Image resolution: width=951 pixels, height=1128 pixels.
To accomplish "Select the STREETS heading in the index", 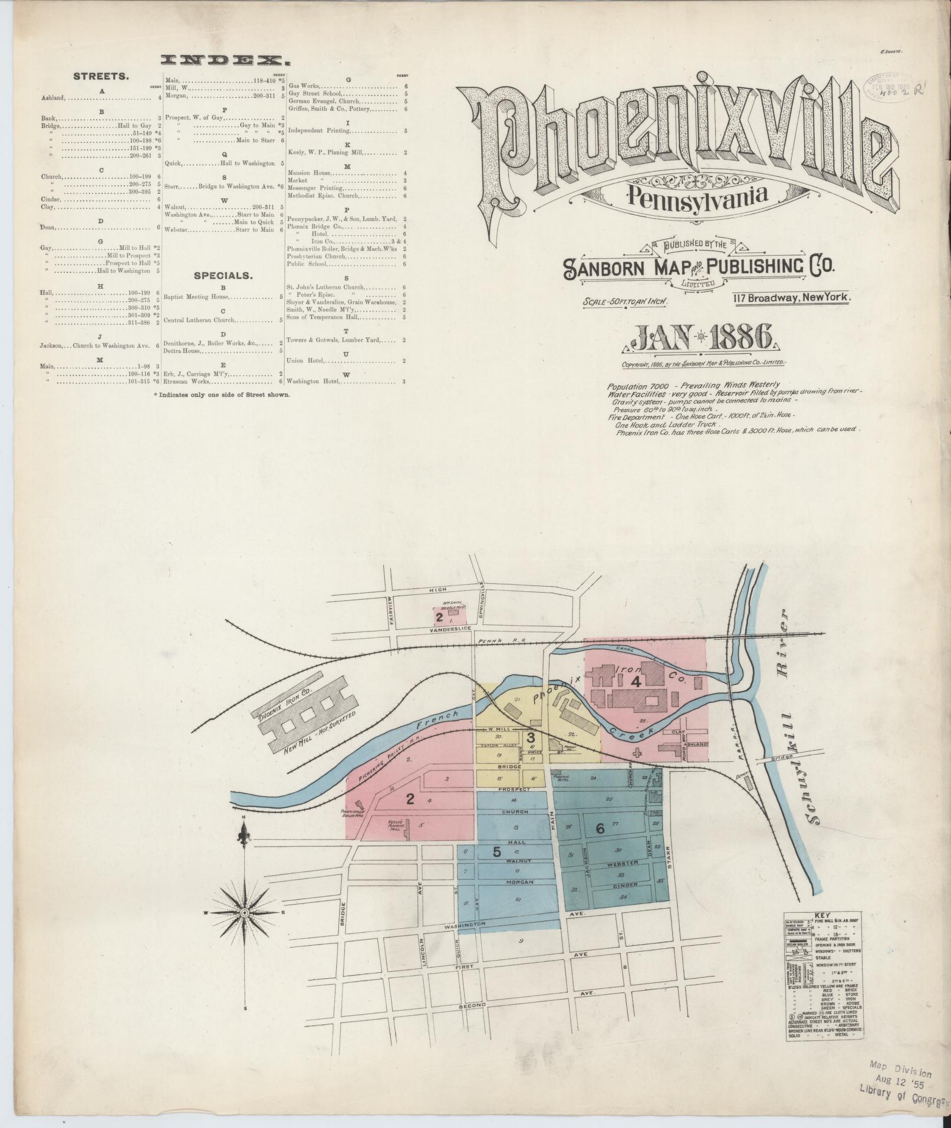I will coord(101,76).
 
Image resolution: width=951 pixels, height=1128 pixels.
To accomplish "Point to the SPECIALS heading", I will coord(224,275).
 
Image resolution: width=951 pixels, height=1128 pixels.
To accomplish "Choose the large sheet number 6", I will coord(600,828).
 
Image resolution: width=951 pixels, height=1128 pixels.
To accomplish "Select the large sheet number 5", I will coord(497,851).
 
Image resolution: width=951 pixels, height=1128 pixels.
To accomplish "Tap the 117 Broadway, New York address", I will coord(792,298).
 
